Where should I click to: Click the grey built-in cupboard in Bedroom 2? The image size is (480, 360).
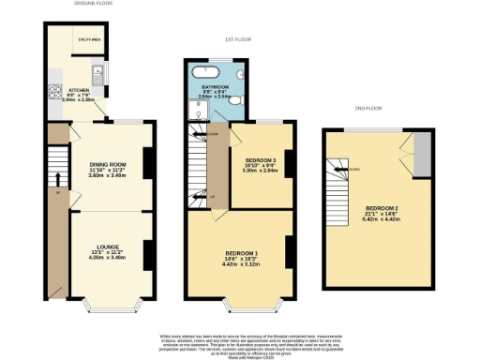424,154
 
